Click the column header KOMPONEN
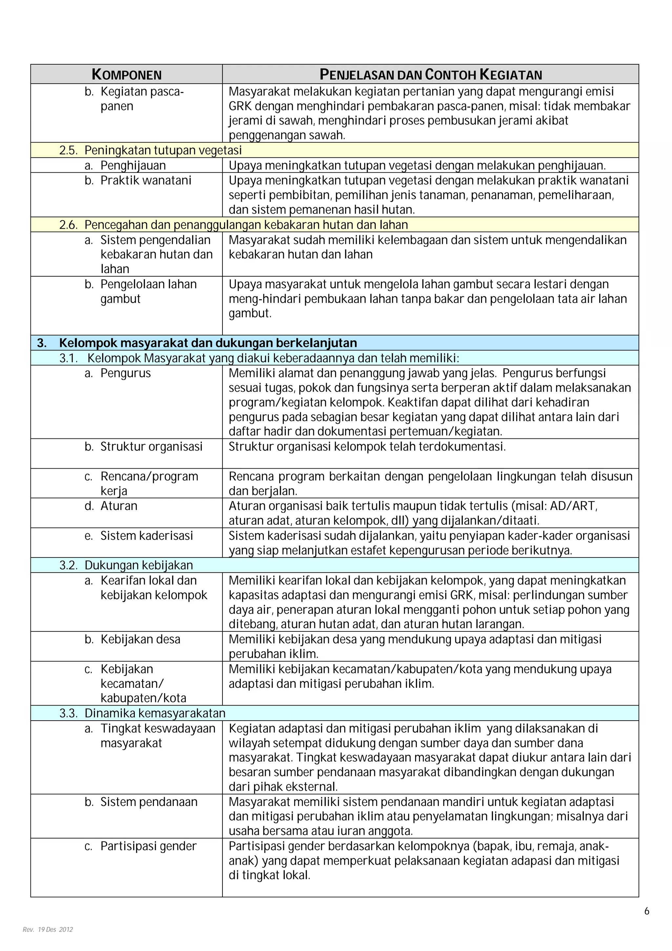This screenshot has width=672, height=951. pyautogui.click(x=126, y=74)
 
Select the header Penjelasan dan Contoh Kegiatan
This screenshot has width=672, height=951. pyautogui.click(x=430, y=74)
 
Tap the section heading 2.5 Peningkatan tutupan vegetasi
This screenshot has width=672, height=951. pyautogui.click(x=150, y=150)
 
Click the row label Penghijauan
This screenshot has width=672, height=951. pyautogui.click(x=133, y=165)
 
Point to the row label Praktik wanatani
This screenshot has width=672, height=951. pyautogui.click(x=145, y=180)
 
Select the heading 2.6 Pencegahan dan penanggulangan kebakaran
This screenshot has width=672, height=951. pyautogui.click(x=234, y=224)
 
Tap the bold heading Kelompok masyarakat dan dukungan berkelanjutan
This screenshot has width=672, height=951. pyautogui.click(x=207, y=343)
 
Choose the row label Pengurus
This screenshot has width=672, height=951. pyautogui.click(x=125, y=373)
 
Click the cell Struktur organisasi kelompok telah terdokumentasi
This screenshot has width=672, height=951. pyautogui.click(x=367, y=447)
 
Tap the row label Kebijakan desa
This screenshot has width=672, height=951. pyautogui.click(x=140, y=639)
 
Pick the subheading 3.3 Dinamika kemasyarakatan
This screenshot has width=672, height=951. pyautogui.click(x=142, y=713)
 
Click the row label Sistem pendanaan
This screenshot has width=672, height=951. pyautogui.click(x=149, y=801)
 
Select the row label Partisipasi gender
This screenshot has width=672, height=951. pyautogui.click(x=148, y=846)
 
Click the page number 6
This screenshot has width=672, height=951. pyautogui.click(x=647, y=911)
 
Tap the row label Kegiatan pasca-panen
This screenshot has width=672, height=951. pyautogui.click(x=142, y=98)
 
